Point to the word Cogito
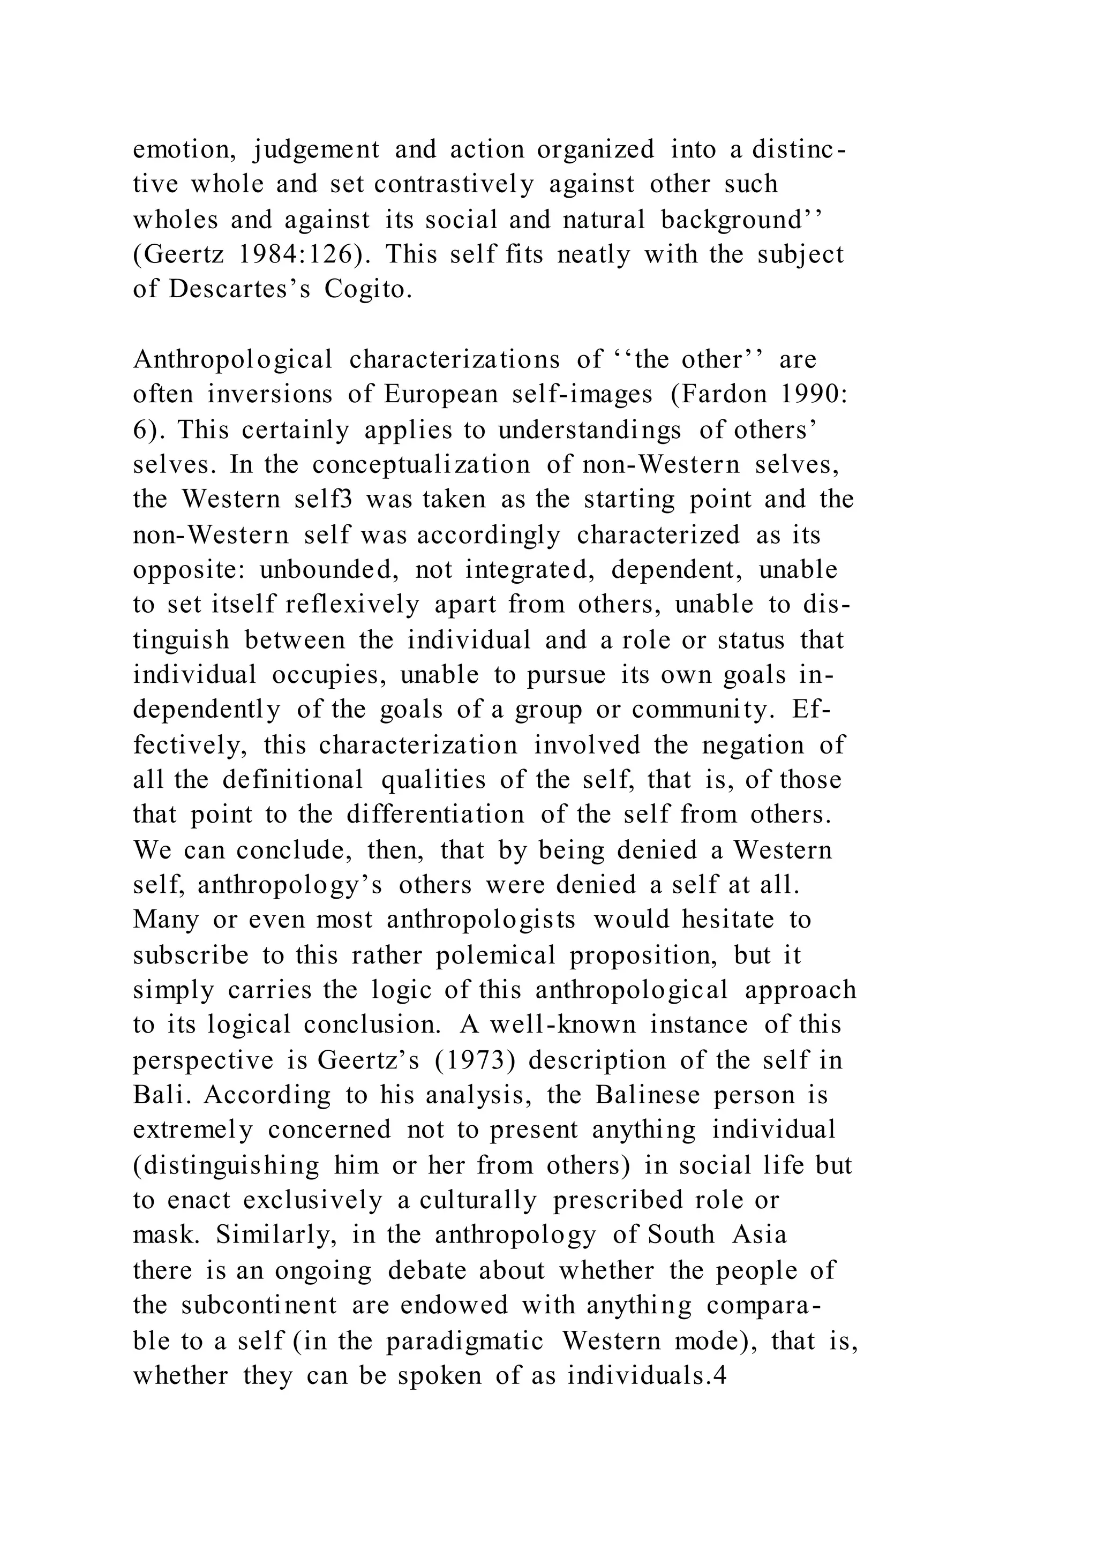coord(367,289)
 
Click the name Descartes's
coord(240,289)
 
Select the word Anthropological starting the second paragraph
coord(233,360)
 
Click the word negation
coord(753,745)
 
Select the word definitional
coord(293,780)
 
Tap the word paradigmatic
coord(465,1340)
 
